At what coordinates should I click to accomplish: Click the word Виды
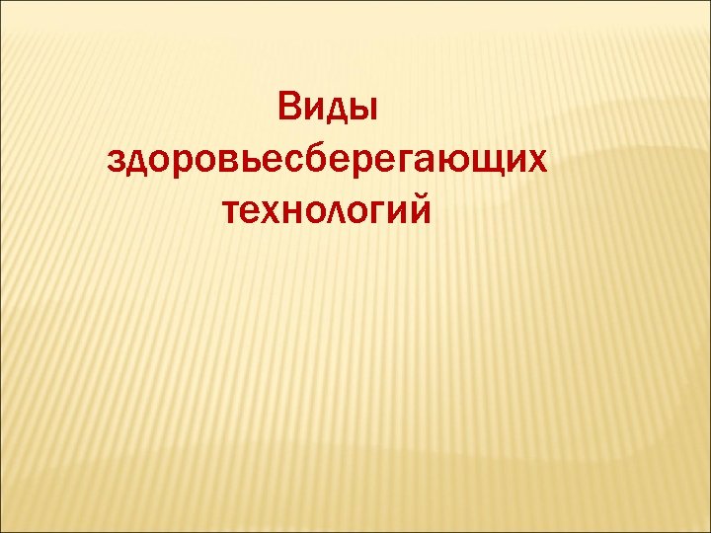point(327,108)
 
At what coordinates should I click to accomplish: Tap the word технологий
point(328,208)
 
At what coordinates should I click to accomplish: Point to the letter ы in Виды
point(364,109)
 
